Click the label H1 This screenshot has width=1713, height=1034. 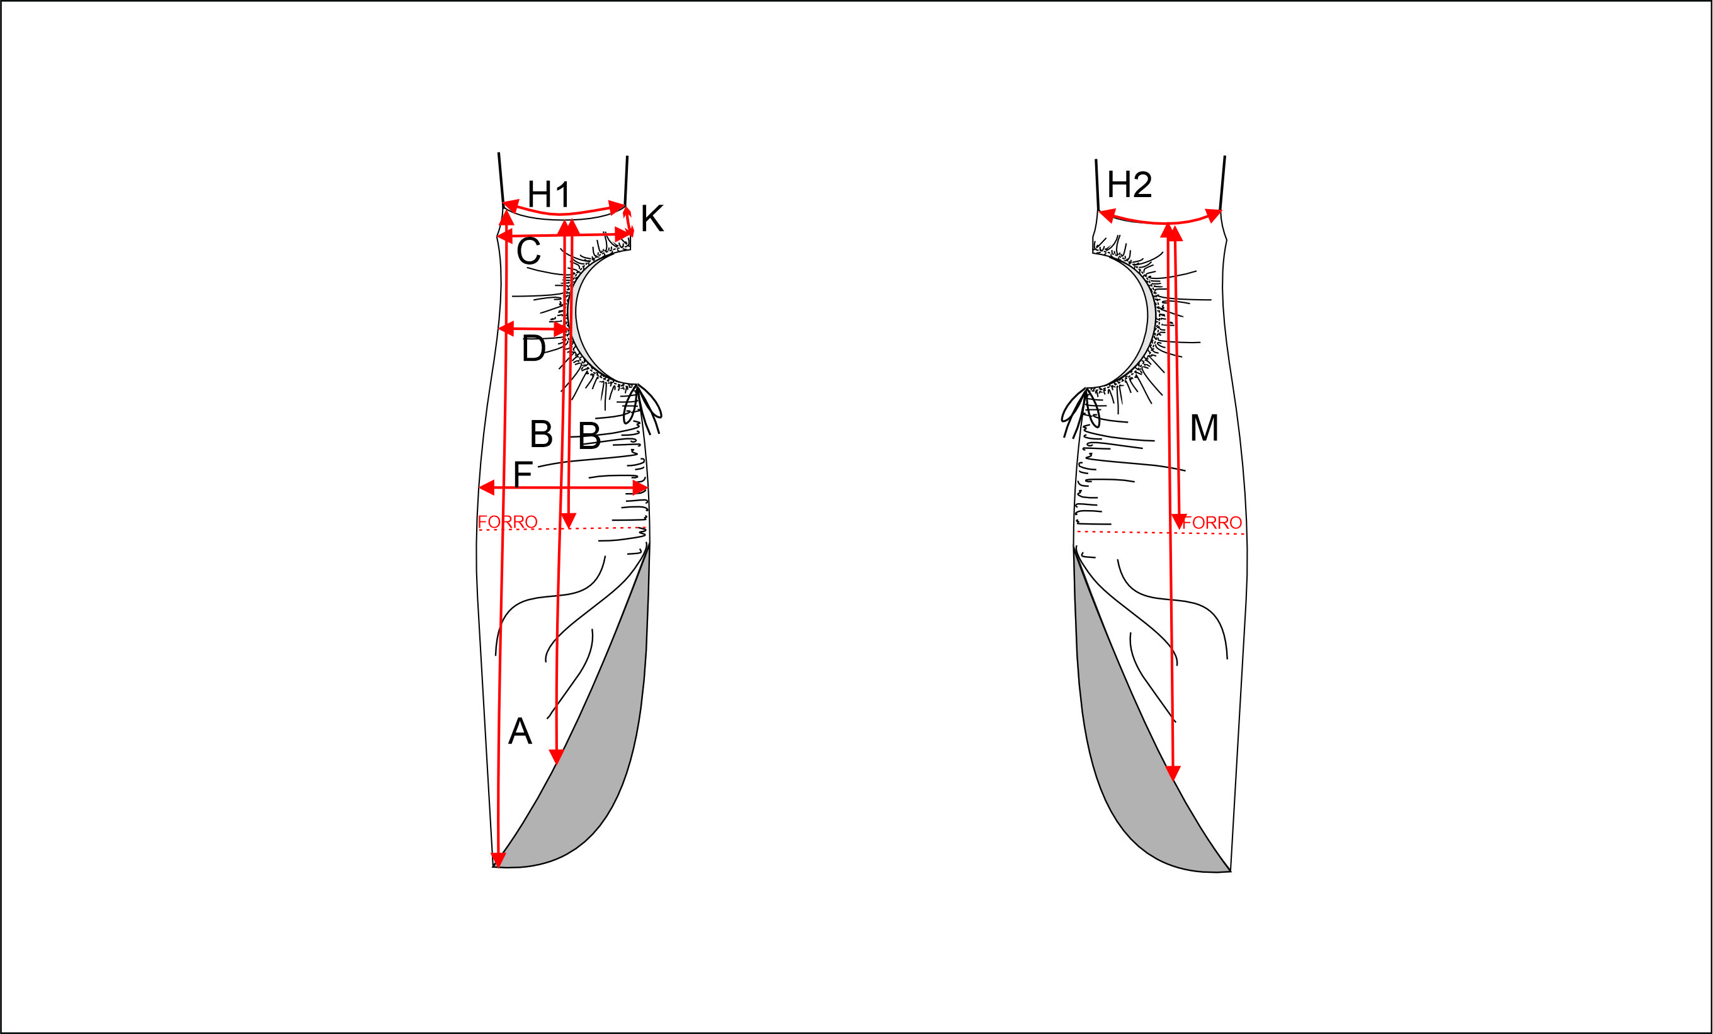[549, 193]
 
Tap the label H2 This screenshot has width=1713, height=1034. [1130, 185]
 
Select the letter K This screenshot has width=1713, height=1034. [652, 219]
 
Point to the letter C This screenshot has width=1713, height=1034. [528, 251]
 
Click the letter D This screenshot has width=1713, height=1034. [533, 348]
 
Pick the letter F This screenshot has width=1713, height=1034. [522, 474]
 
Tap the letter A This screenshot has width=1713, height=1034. [520, 732]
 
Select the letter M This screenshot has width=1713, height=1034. [1204, 428]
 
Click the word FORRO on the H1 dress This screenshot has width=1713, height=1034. [508, 521]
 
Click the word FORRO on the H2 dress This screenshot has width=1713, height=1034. [1212, 522]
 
